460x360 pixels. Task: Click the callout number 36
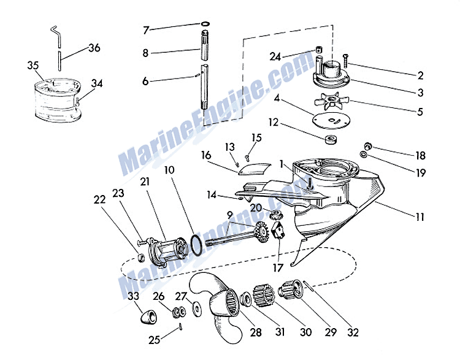coord(94,47)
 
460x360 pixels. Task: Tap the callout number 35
coord(33,64)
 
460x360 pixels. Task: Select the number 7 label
coord(145,29)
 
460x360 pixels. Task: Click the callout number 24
coord(276,56)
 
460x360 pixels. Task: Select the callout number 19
coord(420,174)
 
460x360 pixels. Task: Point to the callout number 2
coord(421,76)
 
